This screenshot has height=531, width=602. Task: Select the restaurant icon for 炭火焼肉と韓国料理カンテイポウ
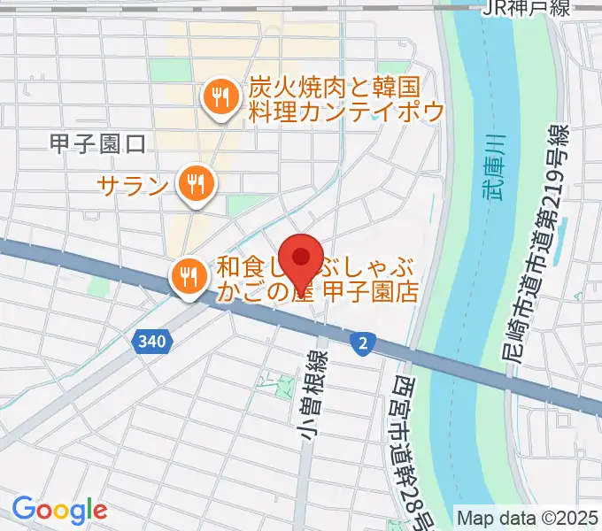pos(220,97)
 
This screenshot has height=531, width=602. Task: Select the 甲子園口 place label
pos(97,144)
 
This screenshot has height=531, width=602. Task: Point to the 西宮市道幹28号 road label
pos(409,442)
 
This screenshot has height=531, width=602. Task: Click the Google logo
pos(59,509)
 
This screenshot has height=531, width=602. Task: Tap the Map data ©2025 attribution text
pos(527,517)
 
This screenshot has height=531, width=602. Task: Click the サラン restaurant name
pos(134,185)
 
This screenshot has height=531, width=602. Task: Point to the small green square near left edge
pos(97,286)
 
